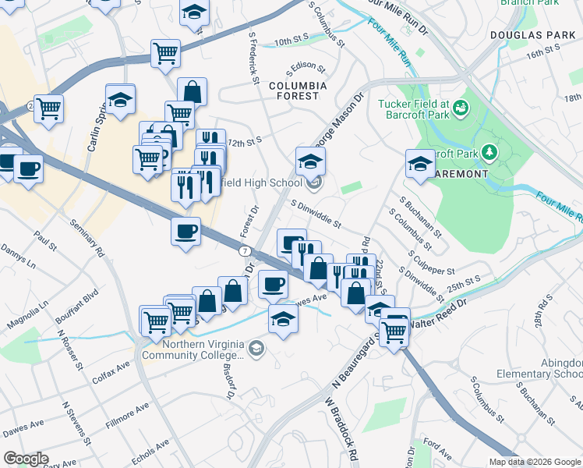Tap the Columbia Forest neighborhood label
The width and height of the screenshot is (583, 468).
(x=294, y=90)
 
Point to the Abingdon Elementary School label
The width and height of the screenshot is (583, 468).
(x=549, y=367)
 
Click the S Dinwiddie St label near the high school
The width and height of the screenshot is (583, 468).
(x=316, y=213)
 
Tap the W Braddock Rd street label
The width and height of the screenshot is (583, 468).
(x=341, y=430)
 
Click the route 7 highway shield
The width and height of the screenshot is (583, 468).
(x=245, y=250)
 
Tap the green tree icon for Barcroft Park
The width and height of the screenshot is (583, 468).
(x=490, y=151)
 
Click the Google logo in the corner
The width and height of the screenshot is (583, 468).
(x=26, y=459)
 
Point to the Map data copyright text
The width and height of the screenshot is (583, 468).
(x=534, y=462)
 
